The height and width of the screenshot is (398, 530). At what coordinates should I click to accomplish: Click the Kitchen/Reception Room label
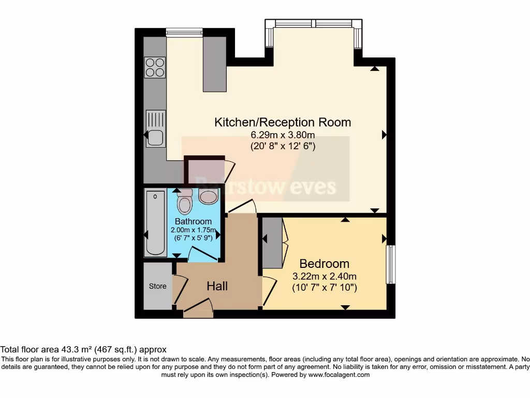click(x=283, y=122)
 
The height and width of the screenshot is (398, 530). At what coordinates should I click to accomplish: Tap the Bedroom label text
click(x=324, y=264)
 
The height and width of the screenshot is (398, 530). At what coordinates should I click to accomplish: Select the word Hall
click(x=217, y=286)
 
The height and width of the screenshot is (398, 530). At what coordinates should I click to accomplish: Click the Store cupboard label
click(x=158, y=286)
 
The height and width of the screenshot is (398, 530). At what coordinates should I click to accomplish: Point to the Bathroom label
click(x=193, y=221)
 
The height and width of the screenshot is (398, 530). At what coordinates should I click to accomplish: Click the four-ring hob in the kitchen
click(x=155, y=67)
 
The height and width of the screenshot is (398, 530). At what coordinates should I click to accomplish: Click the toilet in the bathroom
click(x=185, y=202)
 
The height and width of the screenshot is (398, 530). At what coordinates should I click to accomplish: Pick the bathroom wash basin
click(x=209, y=197)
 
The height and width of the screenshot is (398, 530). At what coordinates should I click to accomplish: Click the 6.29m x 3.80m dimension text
click(x=283, y=135)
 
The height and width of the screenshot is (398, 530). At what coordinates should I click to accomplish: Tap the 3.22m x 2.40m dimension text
click(x=324, y=276)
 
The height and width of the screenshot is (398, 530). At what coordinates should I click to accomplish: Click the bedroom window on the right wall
click(x=391, y=264)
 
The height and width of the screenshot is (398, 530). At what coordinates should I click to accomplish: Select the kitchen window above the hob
click(x=184, y=32)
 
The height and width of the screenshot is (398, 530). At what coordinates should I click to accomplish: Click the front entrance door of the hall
click(x=198, y=313)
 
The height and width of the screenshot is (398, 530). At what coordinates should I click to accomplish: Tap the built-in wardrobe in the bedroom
click(x=272, y=242)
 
